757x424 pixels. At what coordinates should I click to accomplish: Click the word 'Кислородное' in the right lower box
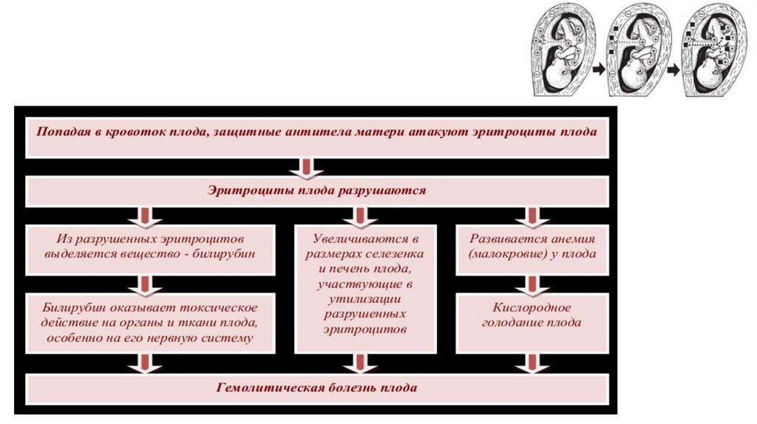point(532,307)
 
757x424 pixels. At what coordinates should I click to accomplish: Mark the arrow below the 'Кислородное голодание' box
point(532,363)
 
